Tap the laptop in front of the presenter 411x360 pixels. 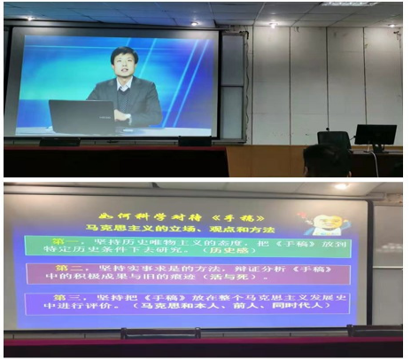(x=81, y=114)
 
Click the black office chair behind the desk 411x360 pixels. (x=334, y=142)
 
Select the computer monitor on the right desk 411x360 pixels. (x=375, y=135)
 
